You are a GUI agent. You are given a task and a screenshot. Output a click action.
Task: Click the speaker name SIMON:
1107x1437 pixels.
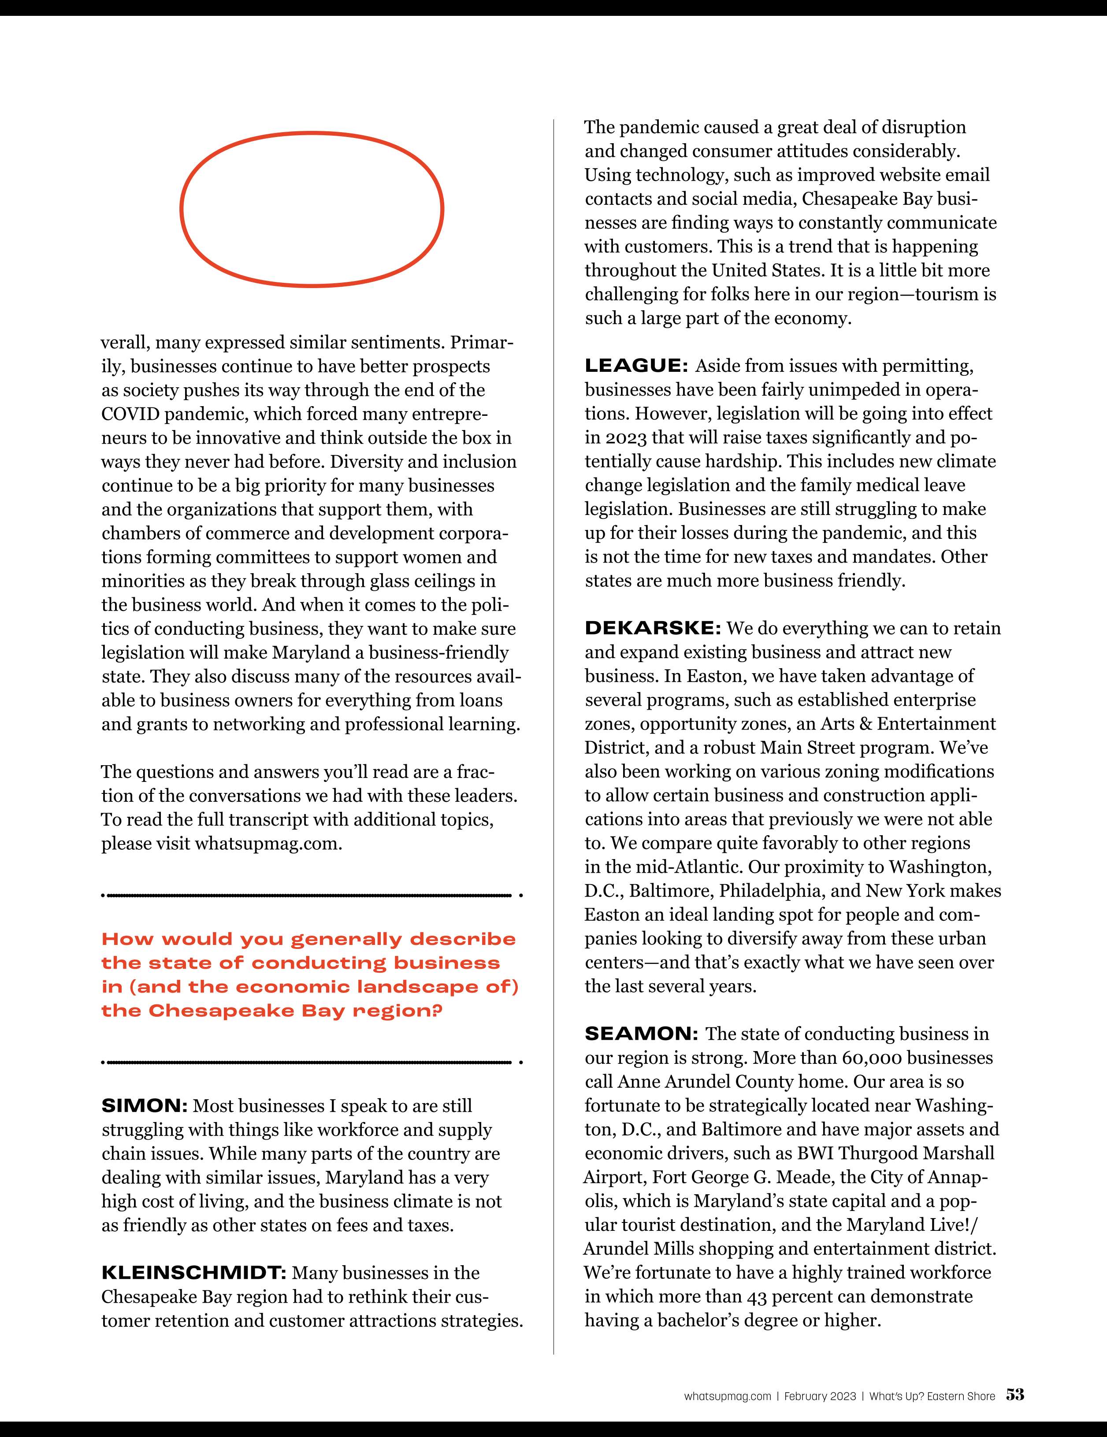click(144, 1106)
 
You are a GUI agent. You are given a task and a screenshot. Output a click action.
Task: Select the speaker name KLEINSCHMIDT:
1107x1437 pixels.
click(193, 1273)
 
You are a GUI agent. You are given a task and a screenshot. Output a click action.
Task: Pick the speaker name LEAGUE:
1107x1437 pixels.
click(636, 366)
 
